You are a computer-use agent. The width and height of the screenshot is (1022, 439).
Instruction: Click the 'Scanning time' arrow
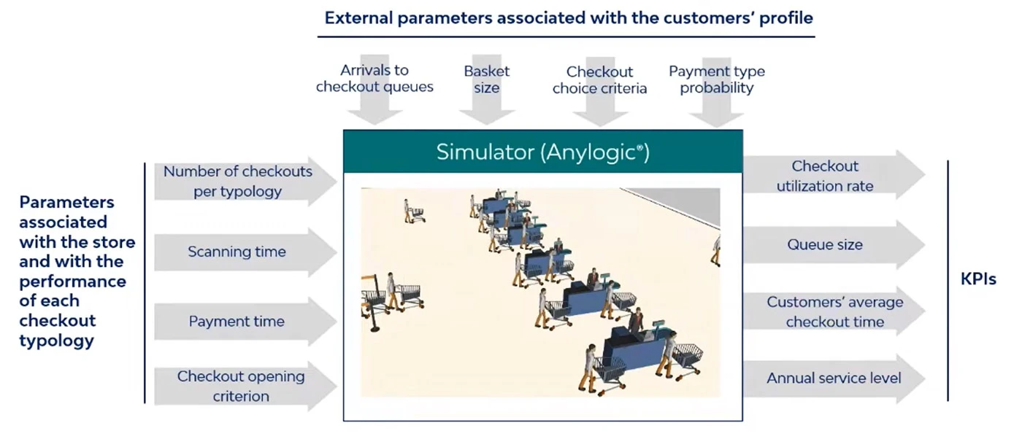(245, 252)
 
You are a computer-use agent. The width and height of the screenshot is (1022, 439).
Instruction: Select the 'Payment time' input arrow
(245, 322)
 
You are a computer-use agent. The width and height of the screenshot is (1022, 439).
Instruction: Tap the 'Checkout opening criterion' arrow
(245, 386)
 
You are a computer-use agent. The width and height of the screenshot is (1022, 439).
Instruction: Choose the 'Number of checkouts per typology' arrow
(245, 181)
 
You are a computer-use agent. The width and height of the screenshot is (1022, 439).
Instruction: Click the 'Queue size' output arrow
(834, 245)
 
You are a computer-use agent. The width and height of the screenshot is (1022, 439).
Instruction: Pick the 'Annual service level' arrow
(834, 378)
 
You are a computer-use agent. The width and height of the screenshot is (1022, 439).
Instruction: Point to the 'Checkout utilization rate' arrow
(834, 176)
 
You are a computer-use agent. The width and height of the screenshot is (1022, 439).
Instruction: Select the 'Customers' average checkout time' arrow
(834, 312)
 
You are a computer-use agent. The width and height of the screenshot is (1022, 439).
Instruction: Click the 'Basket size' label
(486, 79)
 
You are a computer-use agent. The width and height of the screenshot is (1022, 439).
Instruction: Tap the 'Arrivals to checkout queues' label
(374, 79)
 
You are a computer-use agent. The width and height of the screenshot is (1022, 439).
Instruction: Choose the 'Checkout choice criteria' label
(599, 79)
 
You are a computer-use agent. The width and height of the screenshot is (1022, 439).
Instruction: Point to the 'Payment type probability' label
(717, 79)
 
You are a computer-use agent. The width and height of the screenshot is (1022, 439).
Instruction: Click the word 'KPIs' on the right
(978, 279)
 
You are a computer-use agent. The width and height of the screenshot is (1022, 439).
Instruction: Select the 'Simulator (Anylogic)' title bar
(543, 152)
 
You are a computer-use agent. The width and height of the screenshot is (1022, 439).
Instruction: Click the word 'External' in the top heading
(358, 18)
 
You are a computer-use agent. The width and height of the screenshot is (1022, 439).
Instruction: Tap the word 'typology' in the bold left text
(57, 341)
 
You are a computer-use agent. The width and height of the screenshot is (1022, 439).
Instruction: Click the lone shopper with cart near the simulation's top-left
(413, 211)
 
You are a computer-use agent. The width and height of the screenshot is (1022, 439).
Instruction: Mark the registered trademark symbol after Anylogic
(639, 147)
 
